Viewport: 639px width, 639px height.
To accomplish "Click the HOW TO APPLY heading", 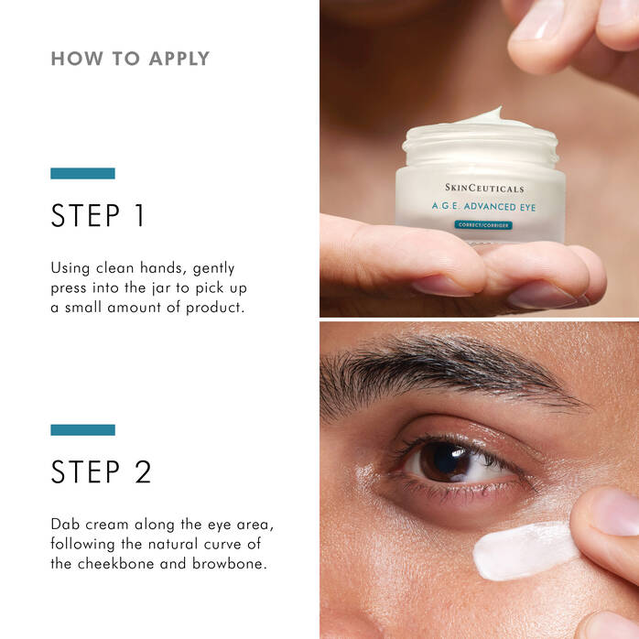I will [x=130, y=59].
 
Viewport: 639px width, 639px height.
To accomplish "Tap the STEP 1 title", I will [x=98, y=216].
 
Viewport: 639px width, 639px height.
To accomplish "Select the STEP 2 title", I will [x=101, y=471].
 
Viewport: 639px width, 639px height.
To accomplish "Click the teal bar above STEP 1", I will [x=82, y=173].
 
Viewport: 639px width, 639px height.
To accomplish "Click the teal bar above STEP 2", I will [x=82, y=429].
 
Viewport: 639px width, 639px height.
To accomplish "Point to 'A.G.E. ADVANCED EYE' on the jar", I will [x=484, y=207].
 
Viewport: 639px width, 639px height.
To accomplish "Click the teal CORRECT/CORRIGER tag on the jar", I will [x=482, y=225].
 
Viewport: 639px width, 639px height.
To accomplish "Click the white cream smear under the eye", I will [x=522, y=551].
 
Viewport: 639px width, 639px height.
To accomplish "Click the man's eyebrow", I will [x=439, y=366].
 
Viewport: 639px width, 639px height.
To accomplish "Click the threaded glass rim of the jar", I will [x=480, y=144].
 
